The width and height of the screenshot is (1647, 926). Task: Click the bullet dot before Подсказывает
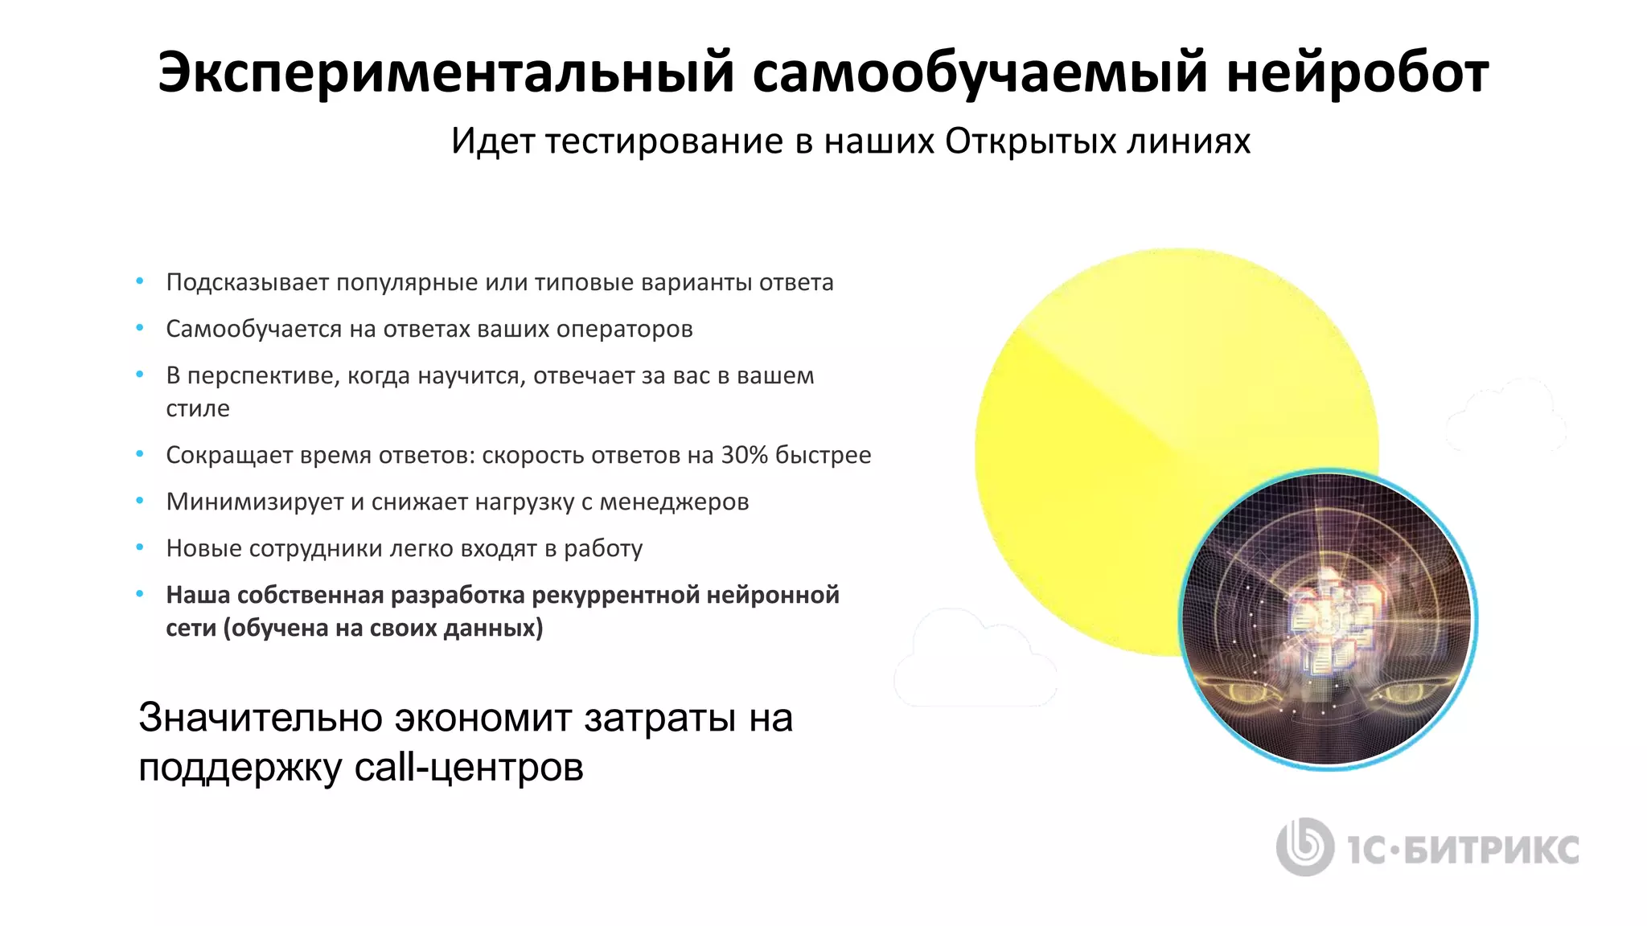pyautogui.click(x=140, y=281)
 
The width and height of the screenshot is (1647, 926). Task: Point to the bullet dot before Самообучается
pyautogui.click(x=140, y=328)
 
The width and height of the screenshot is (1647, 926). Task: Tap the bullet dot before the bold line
pyautogui.click(x=140, y=594)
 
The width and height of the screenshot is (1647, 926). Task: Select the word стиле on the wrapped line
pyautogui.click(x=198, y=408)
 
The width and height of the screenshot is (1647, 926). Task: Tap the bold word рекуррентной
pyautogui.click(x=615, y=595)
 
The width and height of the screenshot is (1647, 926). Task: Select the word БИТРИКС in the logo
pyautogui.click(x=1493, y=850)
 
